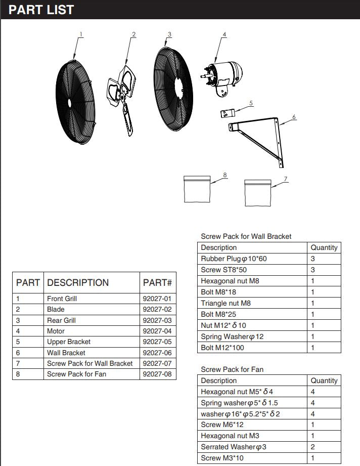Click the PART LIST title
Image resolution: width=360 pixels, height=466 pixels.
(41, 10)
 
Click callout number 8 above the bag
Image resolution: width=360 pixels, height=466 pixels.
(225, 175)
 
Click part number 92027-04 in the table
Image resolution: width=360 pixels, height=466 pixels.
(157, 331)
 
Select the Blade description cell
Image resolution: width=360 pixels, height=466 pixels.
(56, 309)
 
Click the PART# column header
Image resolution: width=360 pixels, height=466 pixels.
(157, 283)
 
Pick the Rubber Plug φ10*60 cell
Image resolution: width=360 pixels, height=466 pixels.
(234, 259)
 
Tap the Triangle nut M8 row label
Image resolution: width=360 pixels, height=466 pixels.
(226, 303)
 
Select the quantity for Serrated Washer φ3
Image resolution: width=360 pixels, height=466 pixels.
(313, 447)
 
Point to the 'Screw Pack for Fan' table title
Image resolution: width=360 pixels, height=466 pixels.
(232, 369)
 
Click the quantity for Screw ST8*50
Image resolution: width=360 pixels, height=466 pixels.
(313, 270)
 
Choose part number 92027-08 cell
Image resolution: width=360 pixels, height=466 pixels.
(157, 374)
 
